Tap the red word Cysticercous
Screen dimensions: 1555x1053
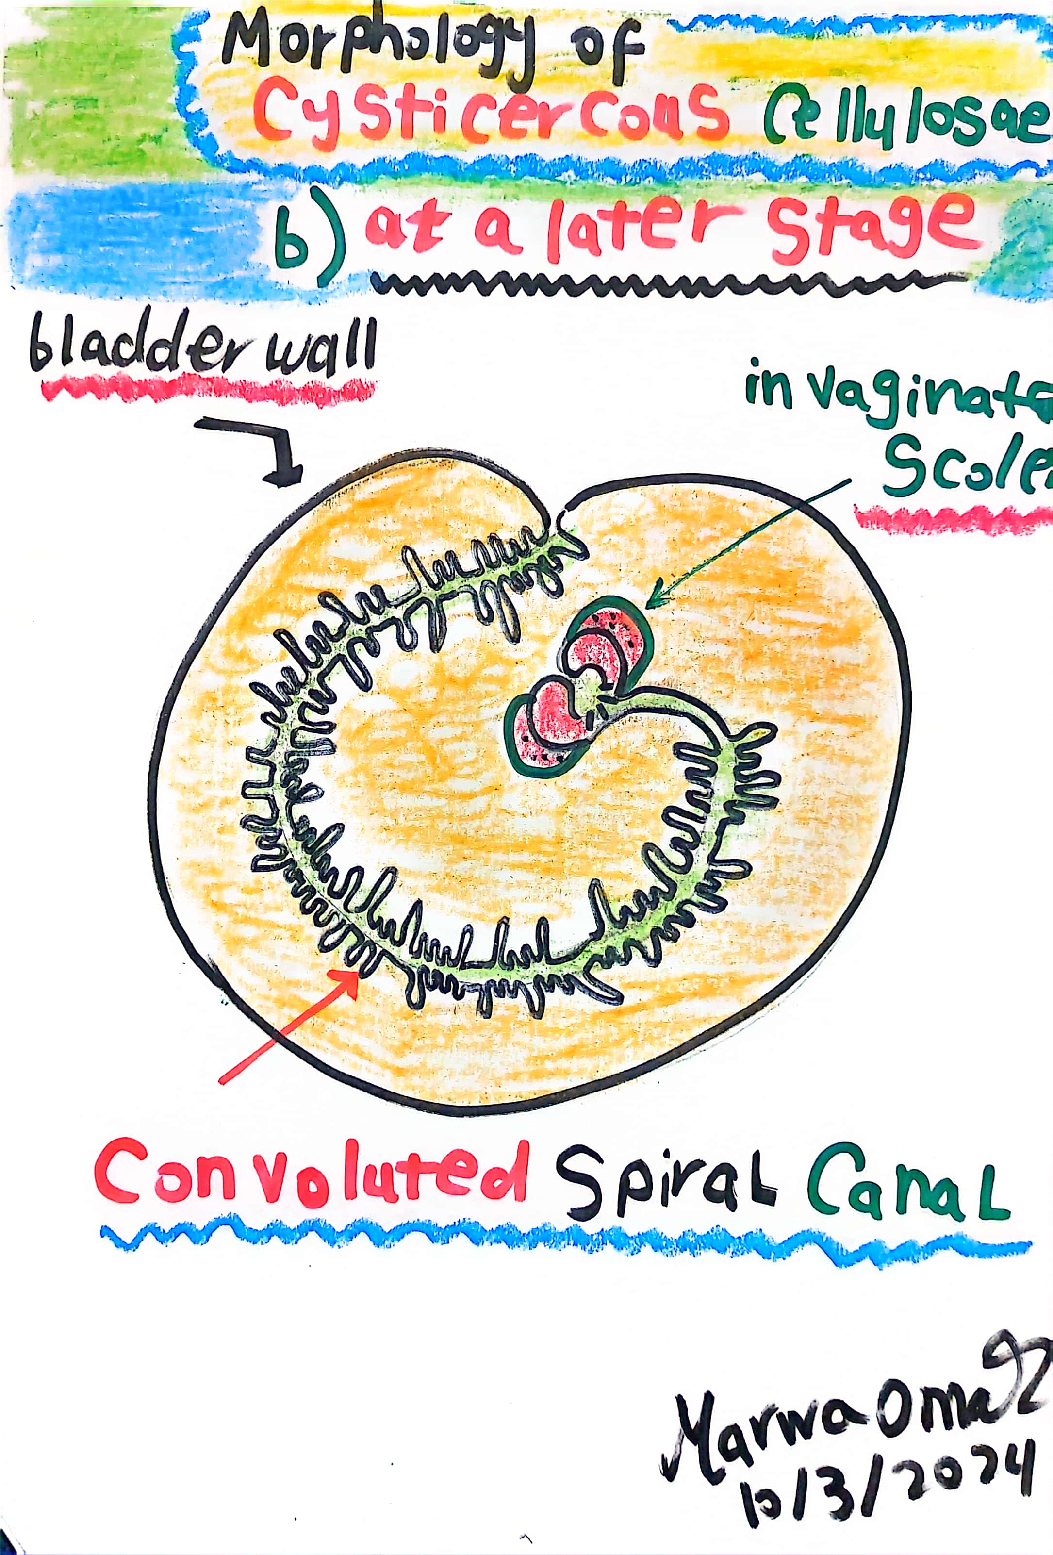coord(492,115)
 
